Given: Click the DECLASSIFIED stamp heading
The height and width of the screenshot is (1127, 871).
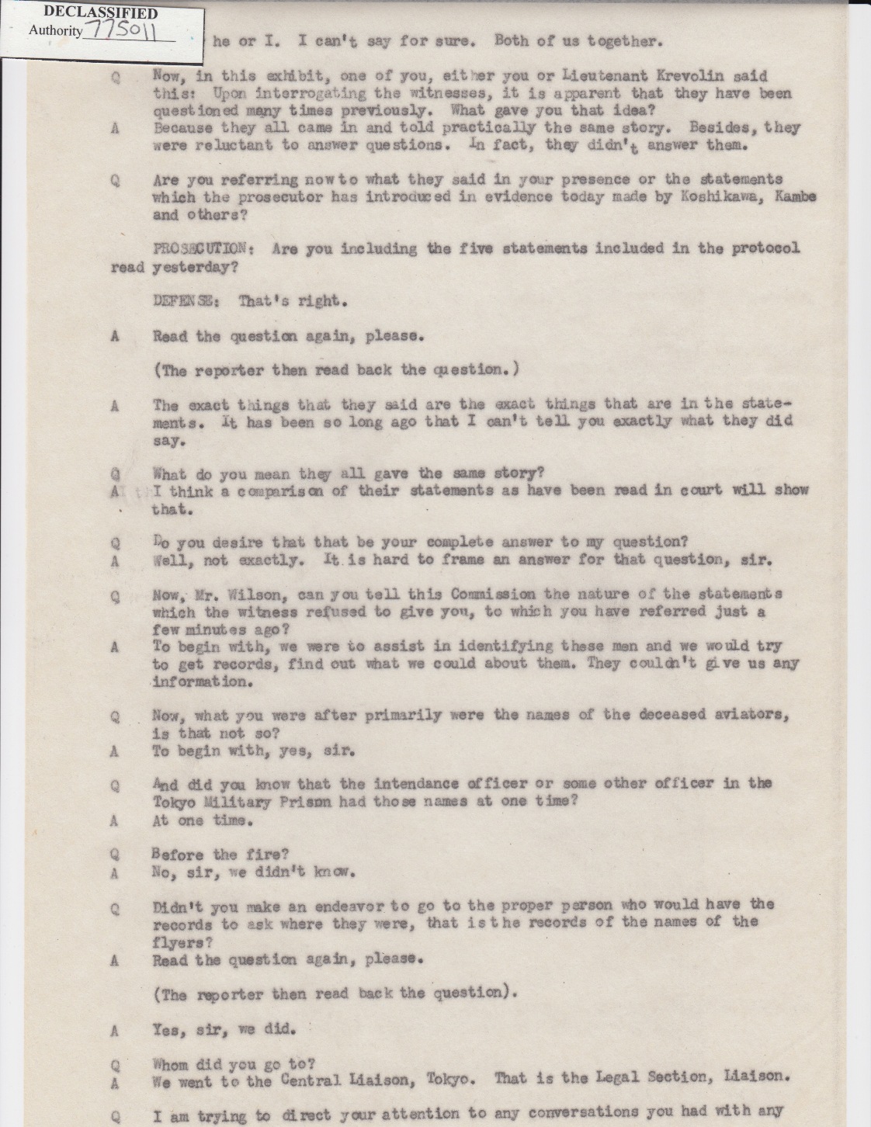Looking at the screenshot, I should [100, 13].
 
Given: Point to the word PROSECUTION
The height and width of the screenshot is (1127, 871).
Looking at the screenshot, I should [200, 249].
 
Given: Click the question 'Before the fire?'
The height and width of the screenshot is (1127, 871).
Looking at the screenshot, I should [220, 855].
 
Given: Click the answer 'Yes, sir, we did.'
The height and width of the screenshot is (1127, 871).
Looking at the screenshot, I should [224, 1030].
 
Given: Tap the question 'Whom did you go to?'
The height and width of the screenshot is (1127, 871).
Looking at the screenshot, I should [234, 1064].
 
